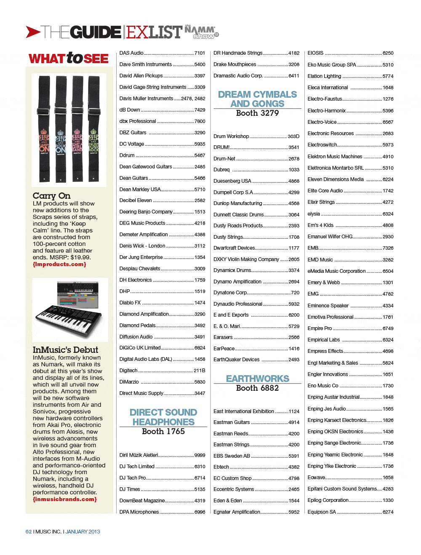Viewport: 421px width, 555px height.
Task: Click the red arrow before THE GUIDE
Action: pos(33,32)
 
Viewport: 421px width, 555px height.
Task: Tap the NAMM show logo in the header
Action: pos(201,32)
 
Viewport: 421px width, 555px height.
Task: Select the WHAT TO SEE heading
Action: pos(69,58)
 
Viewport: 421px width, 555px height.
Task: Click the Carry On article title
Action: pos(51,196)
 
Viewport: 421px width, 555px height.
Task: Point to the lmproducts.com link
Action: pos(59,264)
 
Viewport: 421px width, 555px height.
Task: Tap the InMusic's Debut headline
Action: pos(65,350)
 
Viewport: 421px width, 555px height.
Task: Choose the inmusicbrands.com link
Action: pos(65,499)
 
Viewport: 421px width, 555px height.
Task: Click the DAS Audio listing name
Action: pos(131,53)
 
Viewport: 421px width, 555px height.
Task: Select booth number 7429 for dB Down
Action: pos(200,110)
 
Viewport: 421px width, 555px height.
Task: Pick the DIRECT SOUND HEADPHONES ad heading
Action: pos(163,417)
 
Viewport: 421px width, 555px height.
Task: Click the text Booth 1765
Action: pos(163,432)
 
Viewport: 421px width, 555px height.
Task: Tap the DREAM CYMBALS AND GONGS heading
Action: pos(257,99)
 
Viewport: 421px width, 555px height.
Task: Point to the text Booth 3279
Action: pos(257,113)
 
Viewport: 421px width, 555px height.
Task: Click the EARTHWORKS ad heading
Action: pos(257,379)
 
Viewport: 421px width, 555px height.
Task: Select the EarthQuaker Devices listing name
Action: pos(237,360)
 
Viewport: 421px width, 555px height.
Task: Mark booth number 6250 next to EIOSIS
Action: pos(388,53)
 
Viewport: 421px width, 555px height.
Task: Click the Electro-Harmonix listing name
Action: pos(326,111)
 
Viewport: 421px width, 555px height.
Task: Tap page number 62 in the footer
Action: pos(29,532)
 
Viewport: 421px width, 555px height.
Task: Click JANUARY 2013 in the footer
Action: pos(83,532)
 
